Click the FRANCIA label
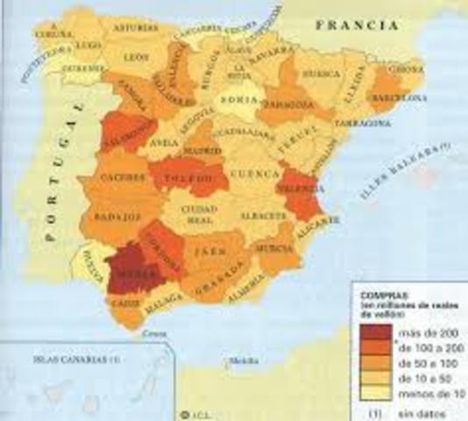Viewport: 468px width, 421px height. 359,26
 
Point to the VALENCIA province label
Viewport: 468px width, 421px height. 300,187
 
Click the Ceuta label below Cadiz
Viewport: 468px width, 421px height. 154,333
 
